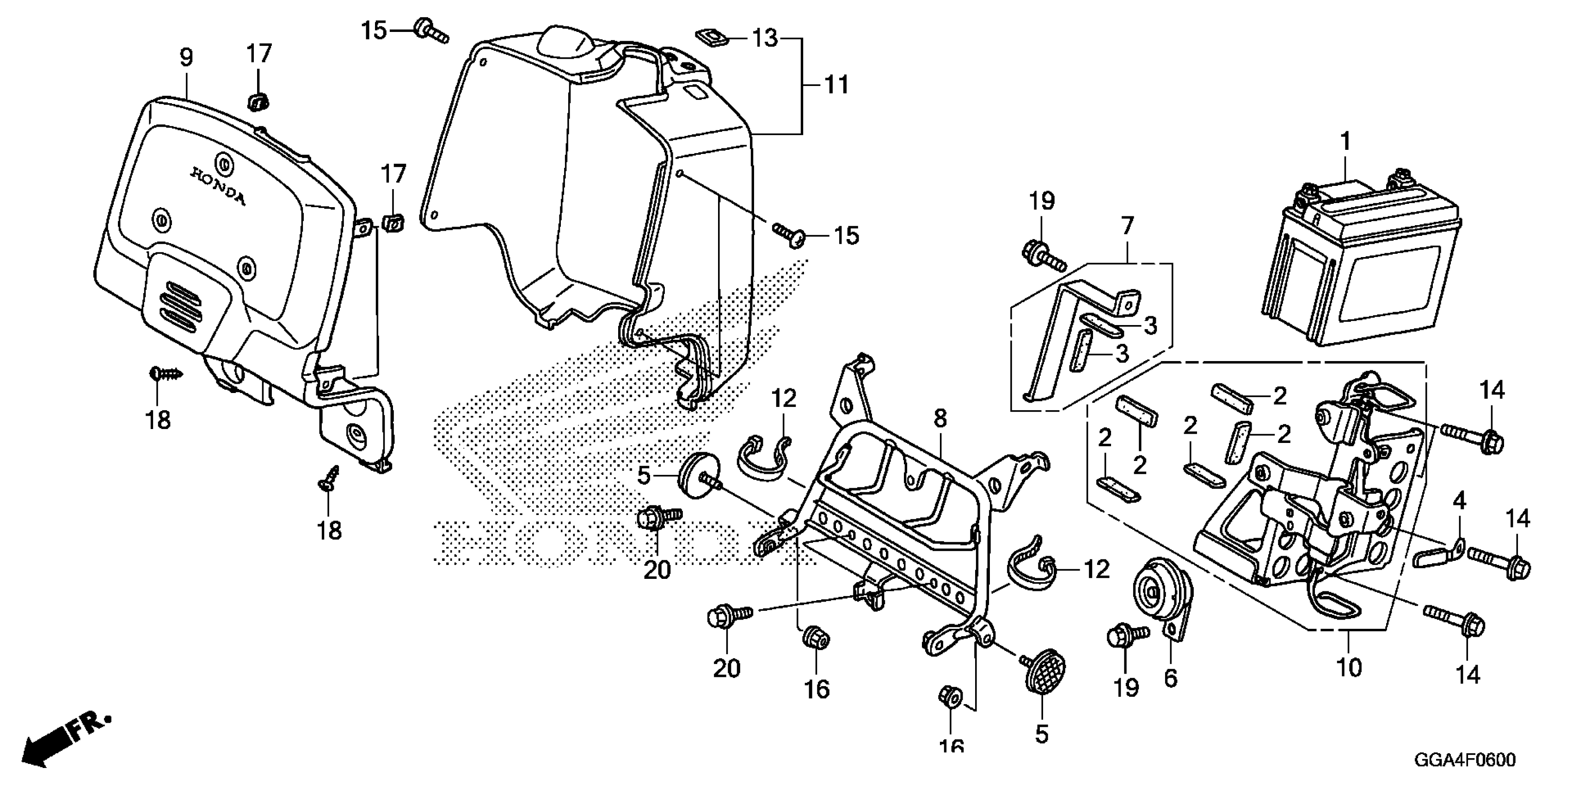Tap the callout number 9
[x=186, y=58]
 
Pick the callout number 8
[x=940, y=418]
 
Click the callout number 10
[x=1349, y=668]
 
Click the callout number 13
[x=765, y=38]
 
